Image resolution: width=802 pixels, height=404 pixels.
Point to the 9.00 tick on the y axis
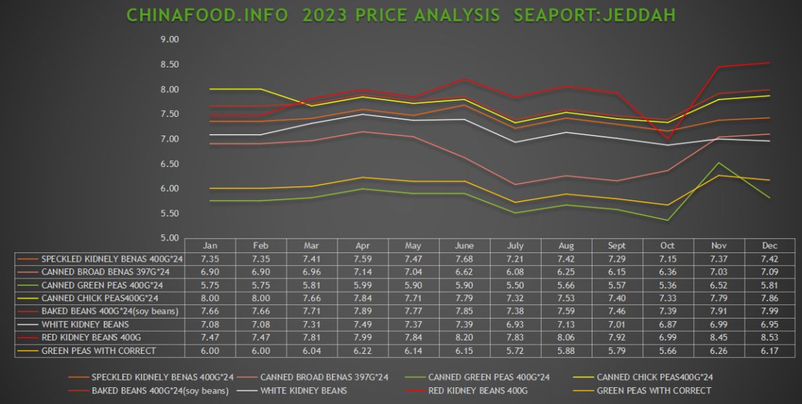point(170,39)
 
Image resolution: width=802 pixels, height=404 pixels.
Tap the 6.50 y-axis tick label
point(170,164)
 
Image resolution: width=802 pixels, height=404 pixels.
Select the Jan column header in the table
point(210,246)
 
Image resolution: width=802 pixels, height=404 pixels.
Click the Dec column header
point(769,246)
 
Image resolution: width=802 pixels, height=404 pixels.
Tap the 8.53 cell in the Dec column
point(769,337)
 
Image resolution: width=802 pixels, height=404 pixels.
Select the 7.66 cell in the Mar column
point(311,297)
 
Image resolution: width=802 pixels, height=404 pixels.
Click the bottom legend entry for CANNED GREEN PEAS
point(489,377)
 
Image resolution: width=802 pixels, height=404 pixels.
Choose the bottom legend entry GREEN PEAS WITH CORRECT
point(653,391)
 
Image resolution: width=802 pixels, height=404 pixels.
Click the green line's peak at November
point(718,163)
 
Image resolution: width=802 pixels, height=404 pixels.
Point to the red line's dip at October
point(667,139)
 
